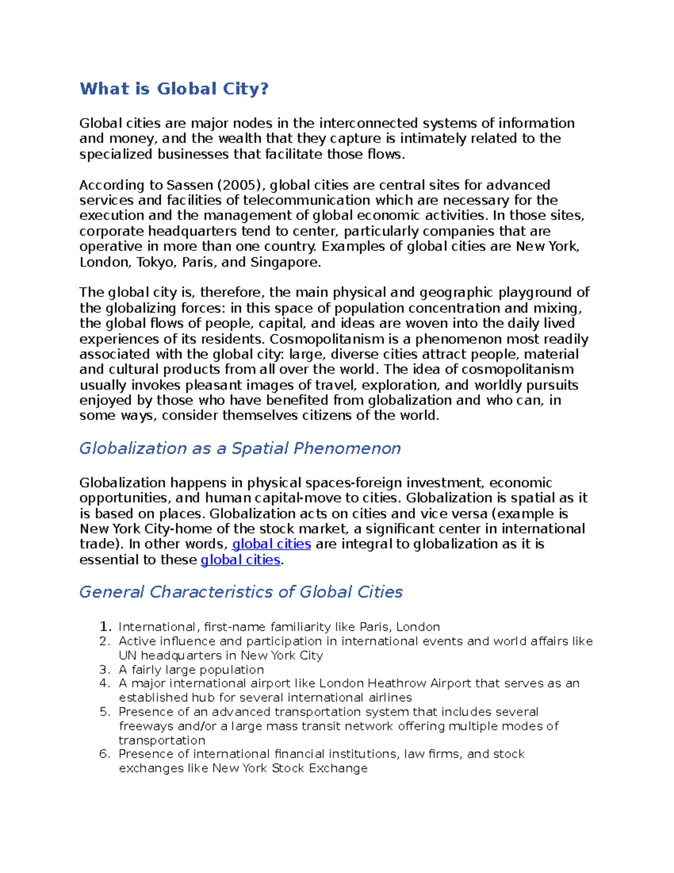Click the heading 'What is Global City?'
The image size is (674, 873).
click(x=174, y=89)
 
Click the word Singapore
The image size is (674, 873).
click(x=285, y=263)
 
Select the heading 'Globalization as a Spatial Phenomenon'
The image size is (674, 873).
click(x=240, y=448)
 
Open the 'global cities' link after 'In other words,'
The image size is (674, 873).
click(x=271, y=544)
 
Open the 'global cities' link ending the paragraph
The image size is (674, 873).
click(x=240, y=560)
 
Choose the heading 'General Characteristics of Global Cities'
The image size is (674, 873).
click(x=241, y=592)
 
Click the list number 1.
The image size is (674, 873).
click(x=104, y=627)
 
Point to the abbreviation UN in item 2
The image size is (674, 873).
click(x=127, y=655)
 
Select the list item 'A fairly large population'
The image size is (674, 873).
click(x=191, y=670)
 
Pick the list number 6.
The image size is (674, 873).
click(x=104, y=754)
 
